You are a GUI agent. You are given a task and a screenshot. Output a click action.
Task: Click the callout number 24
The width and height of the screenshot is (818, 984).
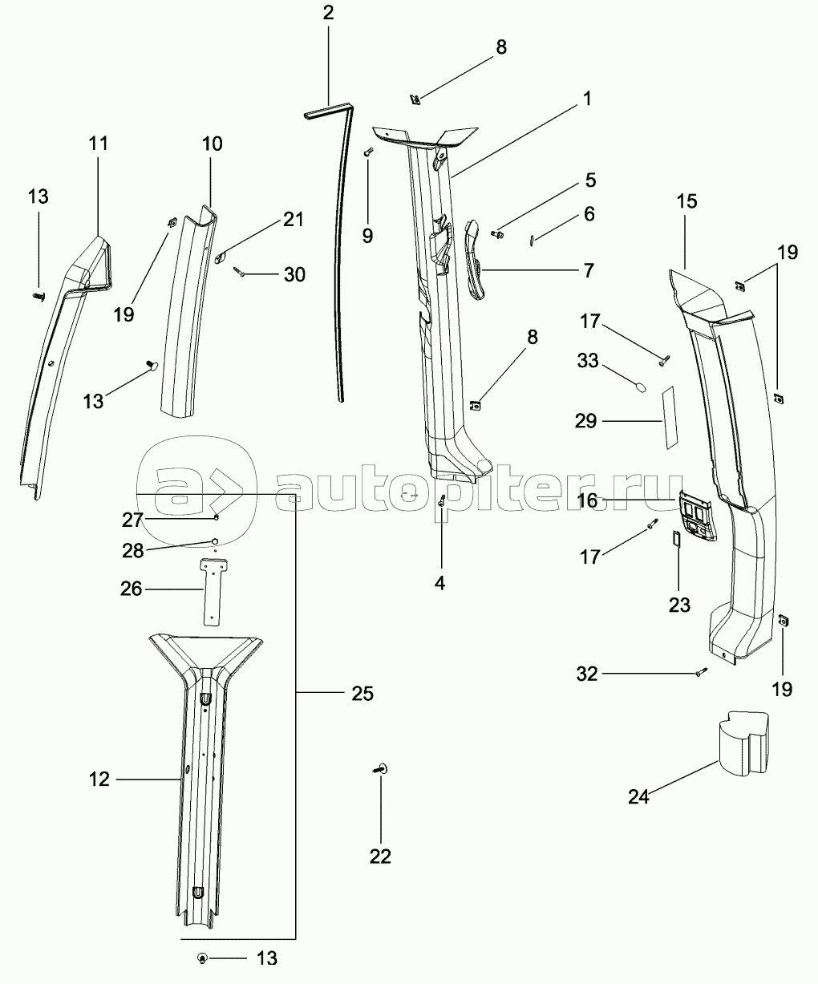tap(638, 796)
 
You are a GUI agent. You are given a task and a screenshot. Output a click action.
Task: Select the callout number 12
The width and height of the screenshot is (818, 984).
tap(99, 779)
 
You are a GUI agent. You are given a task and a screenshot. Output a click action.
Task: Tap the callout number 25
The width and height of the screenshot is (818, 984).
tap(362, 693)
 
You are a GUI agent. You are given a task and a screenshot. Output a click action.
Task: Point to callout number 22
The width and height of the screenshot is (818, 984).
tap(380, 856)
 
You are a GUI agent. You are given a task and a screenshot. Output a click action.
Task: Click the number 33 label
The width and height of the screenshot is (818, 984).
tap(587, 362)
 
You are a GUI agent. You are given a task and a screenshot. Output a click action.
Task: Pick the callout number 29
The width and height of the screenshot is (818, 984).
tap(586, 420)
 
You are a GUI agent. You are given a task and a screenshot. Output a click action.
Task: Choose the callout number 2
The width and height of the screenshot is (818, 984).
tap(328, 14)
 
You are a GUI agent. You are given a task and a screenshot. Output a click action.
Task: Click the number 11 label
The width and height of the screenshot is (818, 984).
tap(99, 144)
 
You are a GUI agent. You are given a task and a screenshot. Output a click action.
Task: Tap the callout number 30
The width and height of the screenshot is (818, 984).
tap(294, 274)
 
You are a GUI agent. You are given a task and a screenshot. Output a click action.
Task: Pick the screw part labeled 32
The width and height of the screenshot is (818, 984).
tap(700, 673)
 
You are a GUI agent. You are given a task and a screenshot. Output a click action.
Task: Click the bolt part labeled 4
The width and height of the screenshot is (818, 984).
tap(442, 502)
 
